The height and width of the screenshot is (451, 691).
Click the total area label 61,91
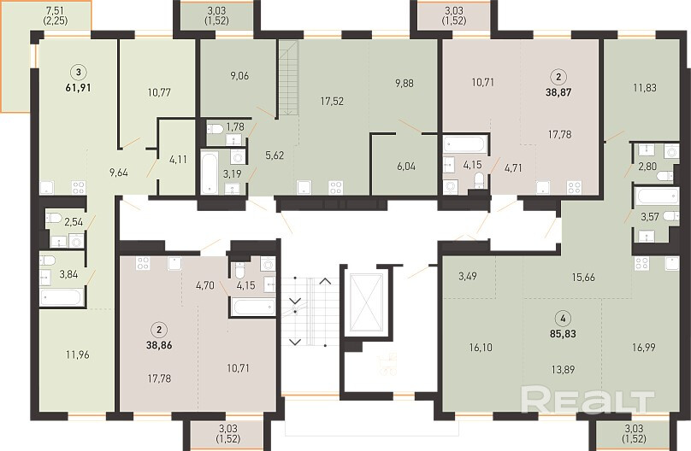[x=79, y=88]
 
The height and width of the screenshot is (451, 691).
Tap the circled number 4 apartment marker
[x=564, y=319]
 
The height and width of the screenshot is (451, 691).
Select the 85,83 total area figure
[x=564, y=333]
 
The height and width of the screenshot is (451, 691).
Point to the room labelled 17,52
[x=332, y=101]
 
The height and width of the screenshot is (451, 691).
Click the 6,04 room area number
[x=406, y=166]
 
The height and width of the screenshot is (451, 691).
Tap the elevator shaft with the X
[x=366, y=302]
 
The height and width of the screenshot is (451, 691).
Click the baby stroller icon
[x=387, y=364]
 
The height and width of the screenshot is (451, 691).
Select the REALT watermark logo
[x=588, y=400]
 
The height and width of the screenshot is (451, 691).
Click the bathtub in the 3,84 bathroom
[x=61, y=297]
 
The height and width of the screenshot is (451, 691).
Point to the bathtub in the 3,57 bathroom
[x=657, y=196]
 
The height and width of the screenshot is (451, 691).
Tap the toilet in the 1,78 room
[x=215, y=128]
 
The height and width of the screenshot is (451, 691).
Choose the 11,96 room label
[x=78, y=354]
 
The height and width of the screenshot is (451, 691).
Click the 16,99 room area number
[x=643, y=347]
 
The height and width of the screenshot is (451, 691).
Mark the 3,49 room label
[x=467, y=276]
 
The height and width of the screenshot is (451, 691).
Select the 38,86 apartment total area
[x=159, y=345]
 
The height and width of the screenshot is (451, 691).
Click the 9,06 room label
[x=239, y=76]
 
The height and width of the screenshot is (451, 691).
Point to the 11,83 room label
[x=645, y=88]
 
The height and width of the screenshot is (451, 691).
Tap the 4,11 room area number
[x=178, y=159]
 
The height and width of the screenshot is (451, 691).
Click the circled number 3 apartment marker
[x=79, y=72]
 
